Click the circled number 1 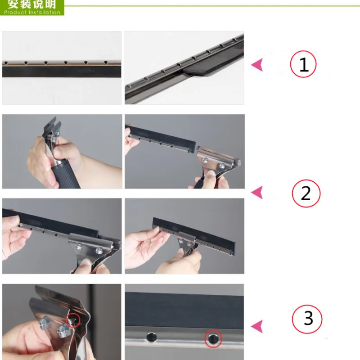click(x=303, y=64)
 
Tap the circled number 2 click(x=306, y=193)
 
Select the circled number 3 click(x=307, y=319)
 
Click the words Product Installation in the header click(x=32, y=13)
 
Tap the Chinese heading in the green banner click(x=32, y=4)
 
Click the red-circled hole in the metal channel click(x=213, y=338)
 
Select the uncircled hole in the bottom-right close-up click(x=152, y=337)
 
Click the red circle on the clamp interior click(x=73, y=320)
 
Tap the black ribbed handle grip click(x=65, y=175)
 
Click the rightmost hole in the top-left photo click(x=106, y=62)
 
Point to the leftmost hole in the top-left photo click(x=6, y=63)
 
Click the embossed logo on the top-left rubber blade click(x=84, y=70)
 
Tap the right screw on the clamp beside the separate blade click(x=222, y=166)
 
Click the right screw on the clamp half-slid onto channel click(x=99, y=251)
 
